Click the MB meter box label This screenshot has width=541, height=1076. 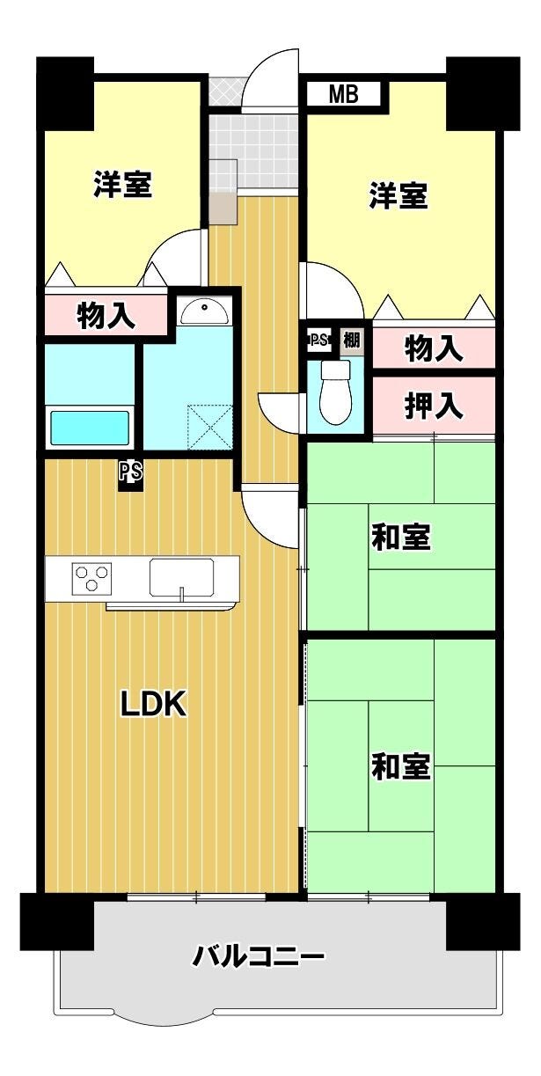[x=343, y=93]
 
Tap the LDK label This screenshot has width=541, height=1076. [x=153, y=705]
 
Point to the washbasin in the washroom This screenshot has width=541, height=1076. [x=205, y=311]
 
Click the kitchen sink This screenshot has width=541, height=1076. [x=181, y=577]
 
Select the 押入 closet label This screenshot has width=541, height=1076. [x=434, y=406]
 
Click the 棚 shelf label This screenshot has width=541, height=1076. [x=351, y=340]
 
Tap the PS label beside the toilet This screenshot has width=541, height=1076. [x=318, y=340]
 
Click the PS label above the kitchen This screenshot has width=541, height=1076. [x=131, y=472]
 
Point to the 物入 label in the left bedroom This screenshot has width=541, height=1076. [x=106, y=316]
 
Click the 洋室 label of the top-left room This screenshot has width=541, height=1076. [x=123, y=184]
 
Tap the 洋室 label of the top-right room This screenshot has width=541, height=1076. [x=398, y=195]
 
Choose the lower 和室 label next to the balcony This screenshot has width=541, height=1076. [x=401, y=766]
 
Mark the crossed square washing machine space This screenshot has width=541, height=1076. [x=210, y=427]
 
